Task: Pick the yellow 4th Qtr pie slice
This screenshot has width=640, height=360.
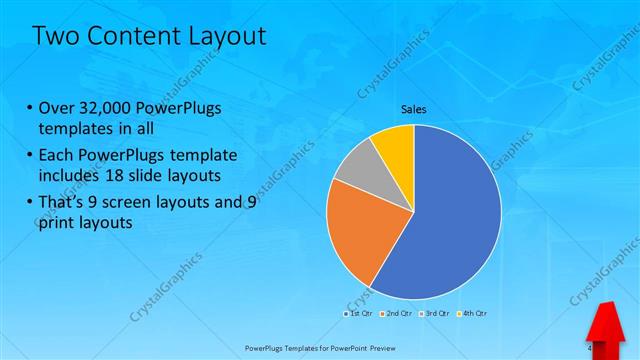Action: pyautogui.click(x=395, y=145)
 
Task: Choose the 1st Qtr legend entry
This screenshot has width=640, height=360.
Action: pyautogui.click(x=361, y=314)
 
